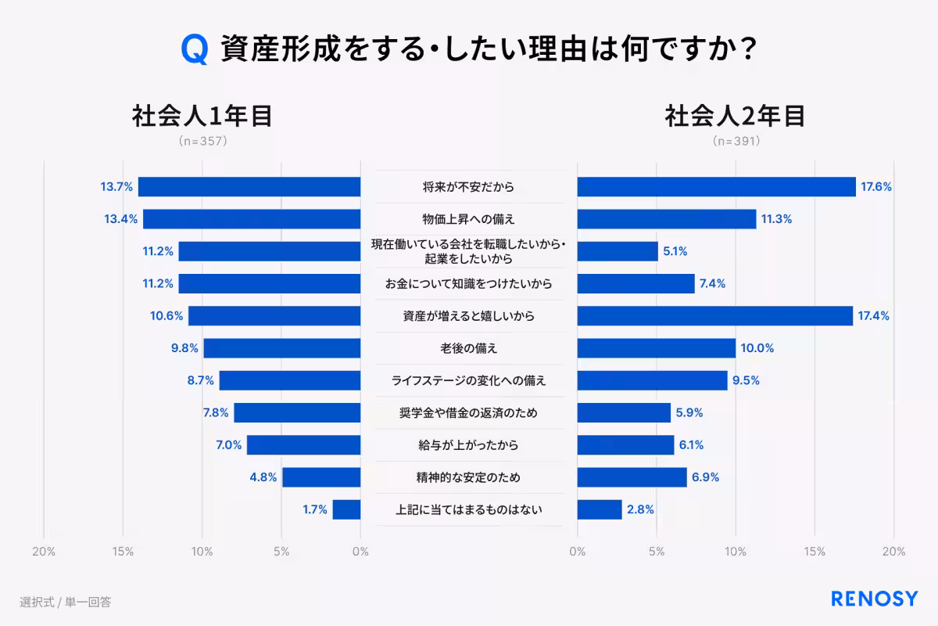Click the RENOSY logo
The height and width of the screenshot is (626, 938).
874,599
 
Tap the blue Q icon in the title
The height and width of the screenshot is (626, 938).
194,49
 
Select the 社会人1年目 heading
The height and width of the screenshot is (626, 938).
202,116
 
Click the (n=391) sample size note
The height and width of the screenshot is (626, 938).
736,142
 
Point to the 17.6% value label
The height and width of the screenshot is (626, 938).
876,187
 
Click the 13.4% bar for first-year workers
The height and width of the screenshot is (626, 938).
252,219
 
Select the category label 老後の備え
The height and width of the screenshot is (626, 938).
469,348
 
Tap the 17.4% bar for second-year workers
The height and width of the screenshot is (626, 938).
714,316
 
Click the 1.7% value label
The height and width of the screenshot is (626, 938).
315,509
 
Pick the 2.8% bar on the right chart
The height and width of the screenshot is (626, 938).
600,509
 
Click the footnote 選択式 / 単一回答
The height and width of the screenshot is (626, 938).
66,602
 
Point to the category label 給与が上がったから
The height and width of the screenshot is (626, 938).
469,445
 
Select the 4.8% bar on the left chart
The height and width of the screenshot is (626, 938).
321,477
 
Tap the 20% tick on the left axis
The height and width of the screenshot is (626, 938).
44,552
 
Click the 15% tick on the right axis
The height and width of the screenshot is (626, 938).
814,552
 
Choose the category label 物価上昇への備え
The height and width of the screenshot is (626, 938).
469,219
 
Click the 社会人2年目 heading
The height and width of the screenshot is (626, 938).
735,116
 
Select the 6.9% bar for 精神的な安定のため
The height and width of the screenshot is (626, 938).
632,477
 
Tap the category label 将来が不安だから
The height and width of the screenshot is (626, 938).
469,187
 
